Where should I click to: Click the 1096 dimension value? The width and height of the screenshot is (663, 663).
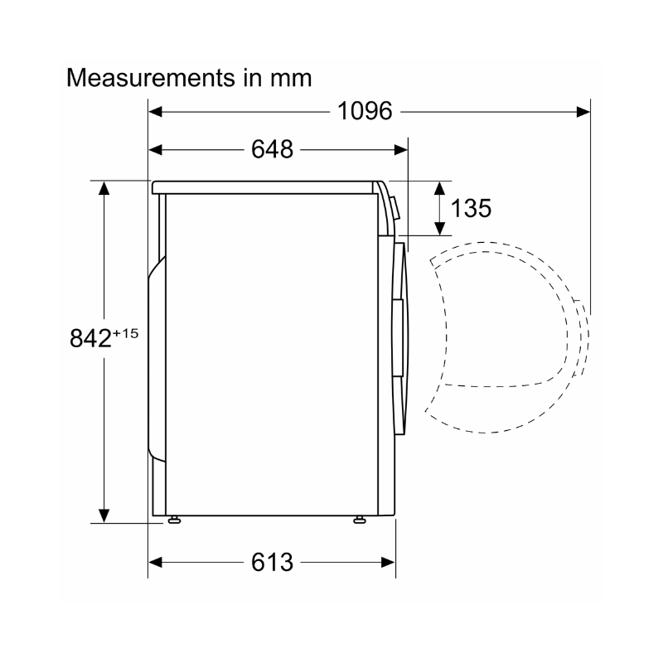[365, 111]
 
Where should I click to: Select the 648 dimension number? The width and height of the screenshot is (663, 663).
[272, 149]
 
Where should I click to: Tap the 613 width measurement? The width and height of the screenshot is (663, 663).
[272, 563]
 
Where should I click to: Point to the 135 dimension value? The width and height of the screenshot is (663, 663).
[471, 208]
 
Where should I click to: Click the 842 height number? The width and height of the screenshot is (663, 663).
[90, 338]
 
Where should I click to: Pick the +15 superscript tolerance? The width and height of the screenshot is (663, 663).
[126, 334]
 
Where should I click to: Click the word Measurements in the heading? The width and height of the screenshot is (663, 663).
[151, 78]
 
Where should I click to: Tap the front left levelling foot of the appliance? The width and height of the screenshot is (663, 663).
[174, 520]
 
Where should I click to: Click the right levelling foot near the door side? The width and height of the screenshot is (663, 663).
[360, 520]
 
